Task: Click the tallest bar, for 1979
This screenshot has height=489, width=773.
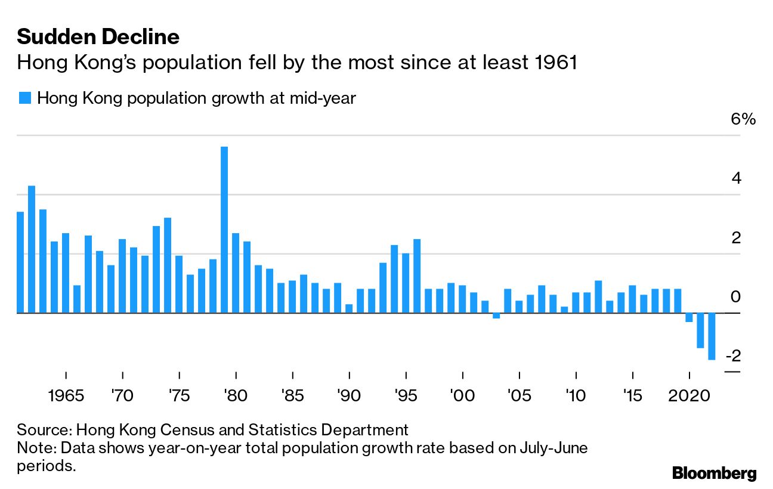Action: [x=224, y=230]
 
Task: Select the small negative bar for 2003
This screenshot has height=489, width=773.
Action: [x=496, y=315]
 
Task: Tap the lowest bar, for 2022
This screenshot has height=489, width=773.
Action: [x=712, y=336]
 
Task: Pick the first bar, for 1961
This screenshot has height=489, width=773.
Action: [x=20, y=262]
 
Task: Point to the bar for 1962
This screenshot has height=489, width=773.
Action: [x=32, y=249]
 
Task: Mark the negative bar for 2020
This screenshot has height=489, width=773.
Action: [x=689, y=317]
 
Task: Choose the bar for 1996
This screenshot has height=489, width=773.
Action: [x=417, y=276]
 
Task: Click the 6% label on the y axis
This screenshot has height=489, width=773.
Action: [x=743, y=119]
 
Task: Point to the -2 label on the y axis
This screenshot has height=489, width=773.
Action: [x=734, y=356]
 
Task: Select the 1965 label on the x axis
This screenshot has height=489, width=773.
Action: [x=66, y=395]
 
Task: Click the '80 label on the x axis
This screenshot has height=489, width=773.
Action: [x=236, y=395]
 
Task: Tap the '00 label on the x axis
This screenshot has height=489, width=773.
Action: [x=463, y=395]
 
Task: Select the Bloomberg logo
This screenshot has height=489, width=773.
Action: [x=714, y=473]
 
